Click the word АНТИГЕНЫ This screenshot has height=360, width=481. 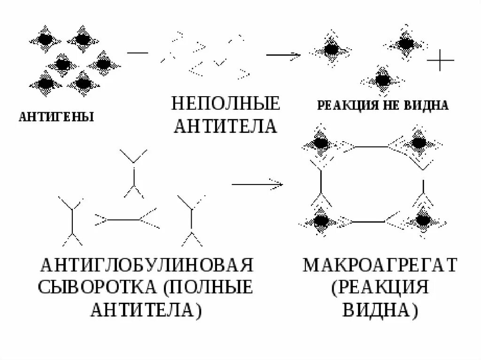tap(56, 116)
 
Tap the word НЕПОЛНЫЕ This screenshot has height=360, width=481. tap(225, 103)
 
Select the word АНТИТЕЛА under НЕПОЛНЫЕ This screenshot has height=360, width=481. tap(225, 126)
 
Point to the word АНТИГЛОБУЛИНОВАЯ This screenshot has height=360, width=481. tap(147, 265)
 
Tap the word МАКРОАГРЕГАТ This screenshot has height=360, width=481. tap(380, 265)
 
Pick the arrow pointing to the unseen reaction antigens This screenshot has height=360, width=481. tap(283, 55)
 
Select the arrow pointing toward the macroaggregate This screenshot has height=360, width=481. tap(257, 184)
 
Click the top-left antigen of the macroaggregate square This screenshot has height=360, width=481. tap(321, 143)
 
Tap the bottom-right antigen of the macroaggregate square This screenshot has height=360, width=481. tap(423, 220)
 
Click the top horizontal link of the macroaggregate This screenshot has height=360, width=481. tap(371, 147)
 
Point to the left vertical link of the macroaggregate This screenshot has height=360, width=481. tap(321, 183)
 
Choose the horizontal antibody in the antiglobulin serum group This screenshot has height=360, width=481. tap(126, 218)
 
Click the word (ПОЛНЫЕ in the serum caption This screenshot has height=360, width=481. tap(207, 287)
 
